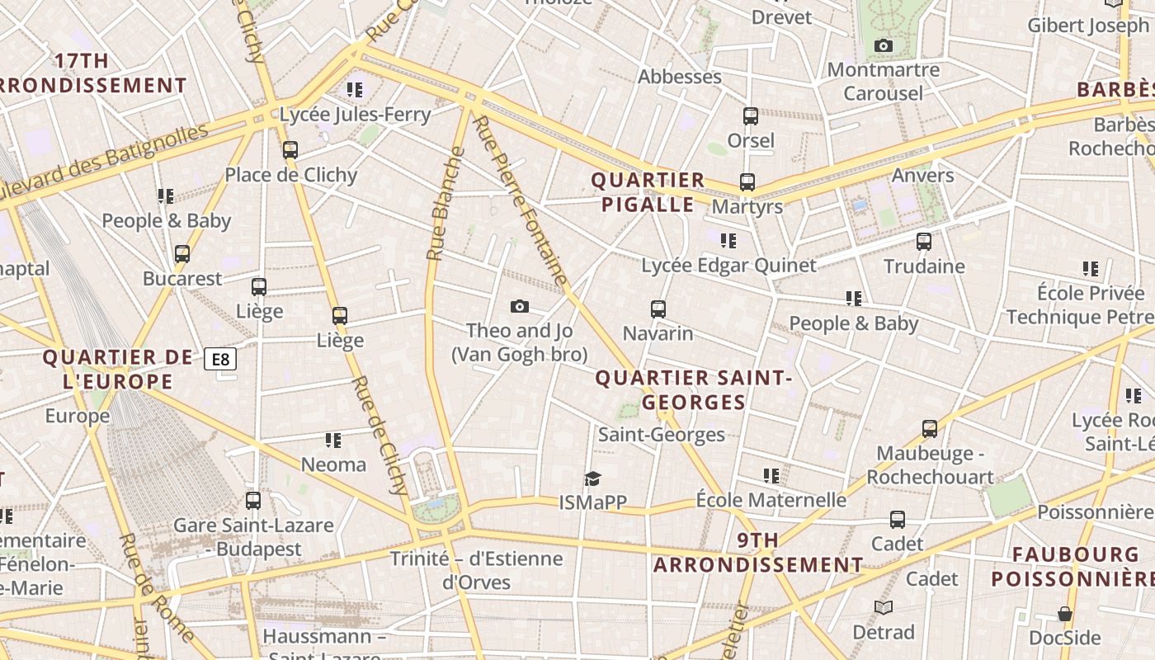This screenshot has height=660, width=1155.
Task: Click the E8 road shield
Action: [x=221, y=359]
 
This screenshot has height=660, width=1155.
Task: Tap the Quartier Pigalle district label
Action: [x=648, y=192]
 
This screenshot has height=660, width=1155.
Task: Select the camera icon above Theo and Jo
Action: [x=519, y=307]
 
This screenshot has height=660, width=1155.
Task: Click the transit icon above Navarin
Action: [x=658, y=309]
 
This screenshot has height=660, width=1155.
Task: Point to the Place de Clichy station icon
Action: [x=290, y=150]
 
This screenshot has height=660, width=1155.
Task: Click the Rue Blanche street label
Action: [x=445, y=204]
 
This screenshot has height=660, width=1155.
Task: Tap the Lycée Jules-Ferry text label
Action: [x=355, y=115]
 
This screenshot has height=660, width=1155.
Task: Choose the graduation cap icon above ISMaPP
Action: [x=592, y=478]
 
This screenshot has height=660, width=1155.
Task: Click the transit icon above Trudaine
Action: [x=924, y=242]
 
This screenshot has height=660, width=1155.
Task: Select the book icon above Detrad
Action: [x=884, y=608]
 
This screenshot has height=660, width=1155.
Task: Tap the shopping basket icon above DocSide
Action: [x=1065, y=614]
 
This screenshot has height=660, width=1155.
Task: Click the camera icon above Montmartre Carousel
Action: [x=884, y=45]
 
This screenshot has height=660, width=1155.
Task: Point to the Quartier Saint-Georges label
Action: [x=693, y=390]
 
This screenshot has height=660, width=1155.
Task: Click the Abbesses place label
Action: [x=680, y=77]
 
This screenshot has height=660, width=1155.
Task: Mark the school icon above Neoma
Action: [x=333, y=440]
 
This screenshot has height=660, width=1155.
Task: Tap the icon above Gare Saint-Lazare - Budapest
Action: [x=253, y=500]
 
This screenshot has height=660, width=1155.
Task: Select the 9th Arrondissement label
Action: [x=758, y=553]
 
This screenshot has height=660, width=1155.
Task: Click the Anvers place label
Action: [x=922, y=175]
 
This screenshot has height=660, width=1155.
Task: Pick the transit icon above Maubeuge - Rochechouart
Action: [x=930, y=429]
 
